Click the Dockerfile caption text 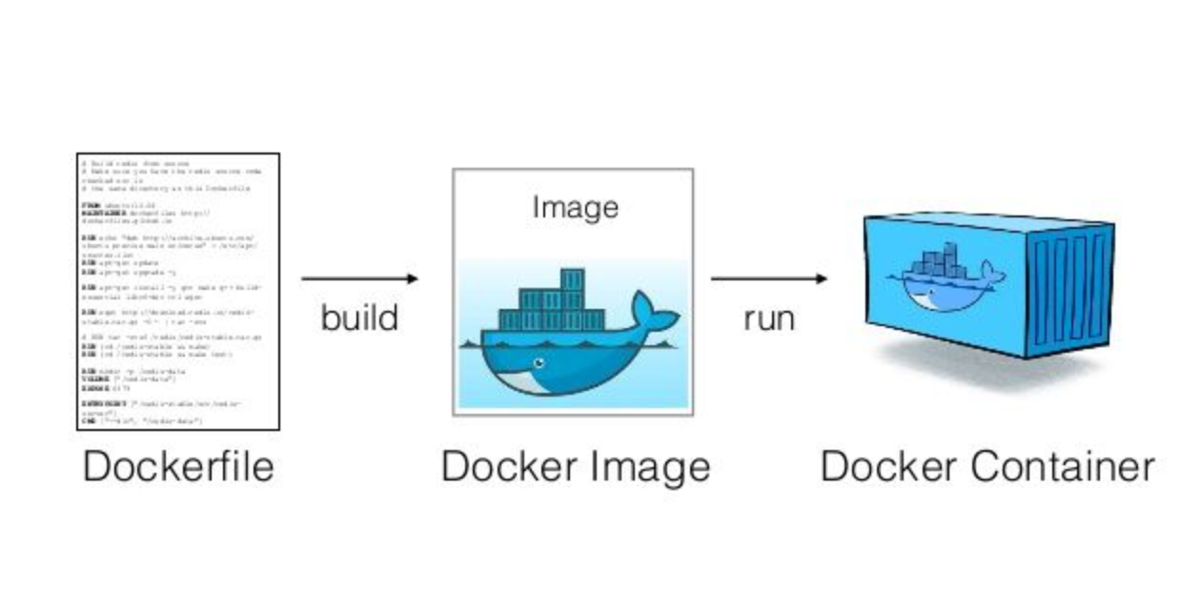tap(178, 467)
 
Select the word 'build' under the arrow tap(359, 318)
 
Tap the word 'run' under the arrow tap(768, 318)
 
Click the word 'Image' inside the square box tap(575, 207)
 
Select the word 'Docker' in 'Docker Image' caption tap(509, 467)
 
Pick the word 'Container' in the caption tap(1063, 467)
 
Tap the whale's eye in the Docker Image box tap(539, 363)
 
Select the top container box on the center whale tap(572, 280)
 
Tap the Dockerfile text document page tap(178, 291)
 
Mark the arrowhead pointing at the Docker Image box tap(412, 278)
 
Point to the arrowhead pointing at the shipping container tap(821, 278)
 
